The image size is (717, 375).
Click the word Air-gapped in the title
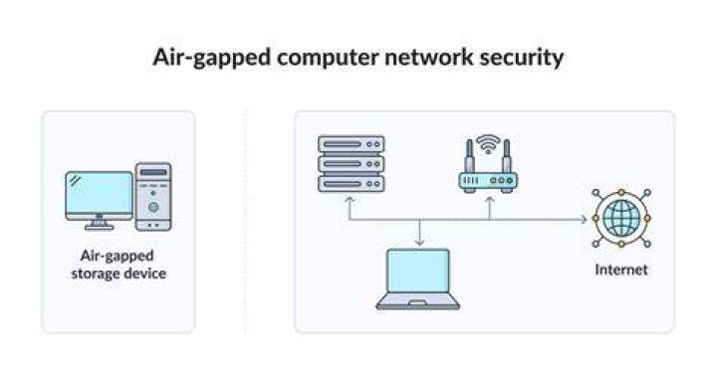tap(212, 59)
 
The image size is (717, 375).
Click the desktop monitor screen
tap(99, 193)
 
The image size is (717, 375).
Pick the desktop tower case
tap(153, 196)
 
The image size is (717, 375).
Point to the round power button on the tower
tap(153, 207)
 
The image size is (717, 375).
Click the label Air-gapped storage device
tap(119, 265)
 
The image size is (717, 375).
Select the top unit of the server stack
tap(352, 144)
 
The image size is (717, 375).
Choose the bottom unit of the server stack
tap(352, 184)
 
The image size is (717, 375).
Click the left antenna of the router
tap(469, 157)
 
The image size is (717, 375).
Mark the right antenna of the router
tap(506, 157)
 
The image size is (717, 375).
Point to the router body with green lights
tap(488, 181)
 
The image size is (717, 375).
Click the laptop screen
tap(418, 272)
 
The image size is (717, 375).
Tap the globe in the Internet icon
tap(621, 218)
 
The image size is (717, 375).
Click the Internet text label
tap(621, 270)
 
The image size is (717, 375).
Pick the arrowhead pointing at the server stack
tap(350, 200)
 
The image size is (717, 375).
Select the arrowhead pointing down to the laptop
tap(420, 243)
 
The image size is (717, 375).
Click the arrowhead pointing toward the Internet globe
tap(584, 220)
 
